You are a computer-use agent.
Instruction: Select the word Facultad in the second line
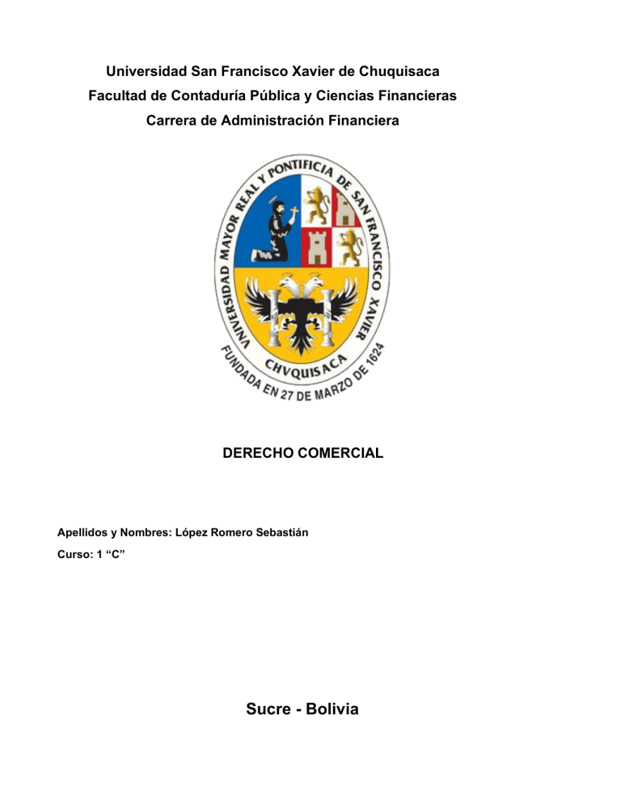coord(117,96)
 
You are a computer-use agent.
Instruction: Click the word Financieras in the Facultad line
coord(416,96)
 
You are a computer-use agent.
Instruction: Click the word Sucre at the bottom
coord(270,710)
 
